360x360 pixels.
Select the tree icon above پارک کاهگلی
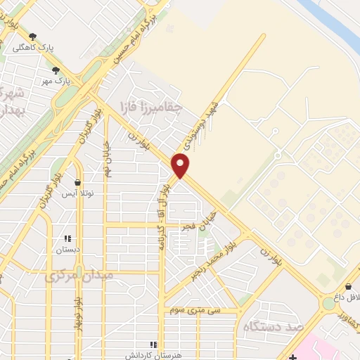[x=32, y=36]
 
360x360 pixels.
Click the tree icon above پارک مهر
[x=56, y=70]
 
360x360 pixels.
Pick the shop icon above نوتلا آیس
[x=77, y=182]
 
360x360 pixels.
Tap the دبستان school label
[x=68, y=250]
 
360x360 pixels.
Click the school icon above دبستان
[x=68, y=238]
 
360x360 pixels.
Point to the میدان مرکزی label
[x=78, y=276]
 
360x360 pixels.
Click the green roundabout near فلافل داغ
[x=328, y=304]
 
